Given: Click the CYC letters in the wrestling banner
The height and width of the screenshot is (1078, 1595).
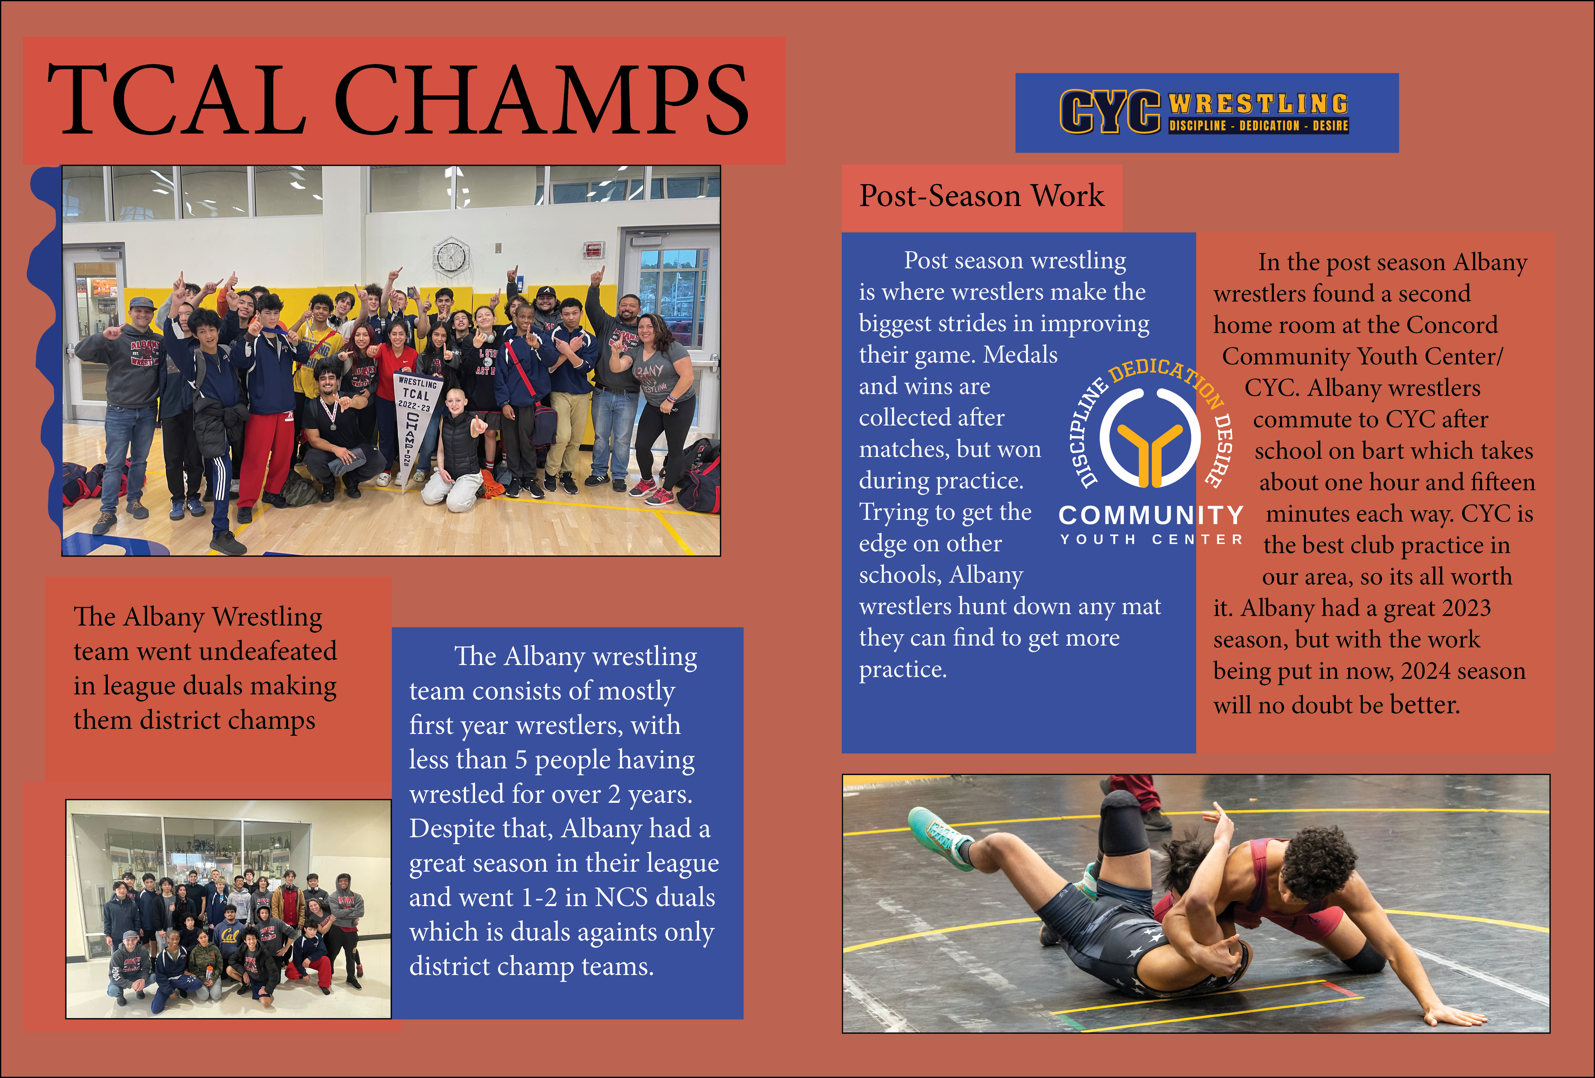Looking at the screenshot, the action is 1110,111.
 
